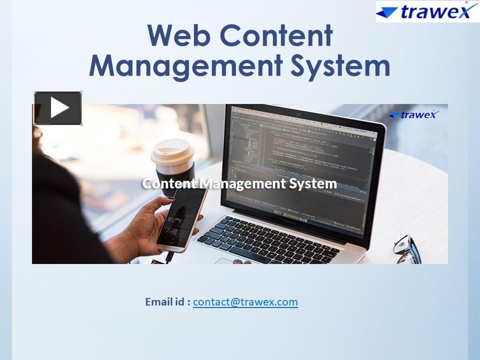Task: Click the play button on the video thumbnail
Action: coord(58,108)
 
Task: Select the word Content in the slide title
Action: coord(276,36)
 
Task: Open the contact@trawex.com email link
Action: coord(245,302)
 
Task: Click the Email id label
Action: coord(167,302)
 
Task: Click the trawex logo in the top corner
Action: coord(427,11)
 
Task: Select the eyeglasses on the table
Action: coord(407,247)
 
